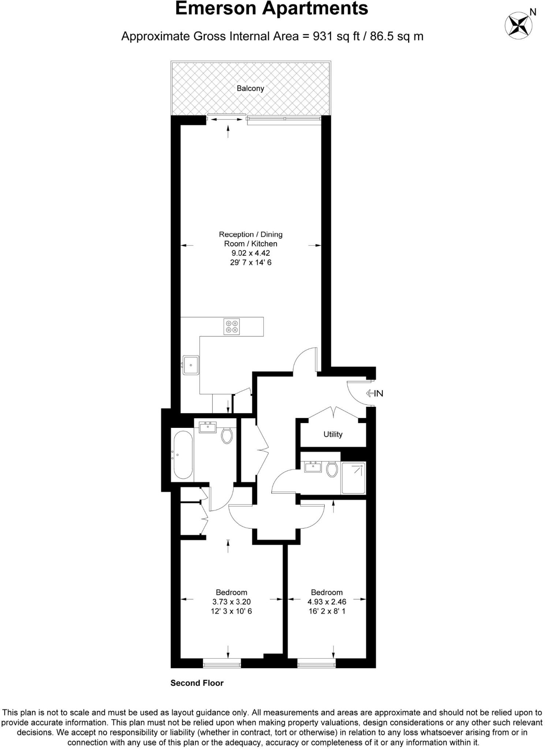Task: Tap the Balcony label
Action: (250, 88)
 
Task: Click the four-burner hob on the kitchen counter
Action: (231, 326)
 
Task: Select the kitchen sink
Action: (191, 365)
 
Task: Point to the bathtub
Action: (183, 455)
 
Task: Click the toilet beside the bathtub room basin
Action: (227, 435)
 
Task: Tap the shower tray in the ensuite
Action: (353, 478)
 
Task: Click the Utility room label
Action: (333, 434)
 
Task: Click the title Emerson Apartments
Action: (272, 8)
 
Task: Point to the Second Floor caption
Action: (197, 683)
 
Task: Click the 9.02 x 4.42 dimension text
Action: (251, 253)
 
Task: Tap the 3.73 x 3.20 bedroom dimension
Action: (231, 602)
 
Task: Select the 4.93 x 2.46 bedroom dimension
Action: (327, 602)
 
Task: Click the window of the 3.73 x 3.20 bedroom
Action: (222, 663)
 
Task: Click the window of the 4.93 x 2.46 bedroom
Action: (316, 663)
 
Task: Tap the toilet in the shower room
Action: (332, 469)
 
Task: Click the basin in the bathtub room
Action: (208, 427)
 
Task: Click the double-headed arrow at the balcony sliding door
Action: (225, 120)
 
